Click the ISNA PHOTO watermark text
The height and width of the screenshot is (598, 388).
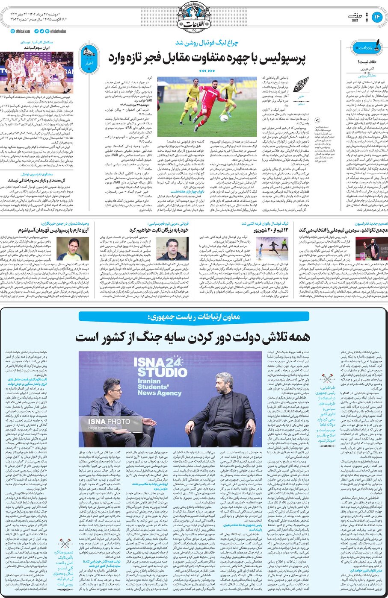[109, 422]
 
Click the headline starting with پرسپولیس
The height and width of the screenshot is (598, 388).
[207, 59]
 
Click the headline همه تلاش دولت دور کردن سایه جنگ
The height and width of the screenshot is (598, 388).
[193, 337]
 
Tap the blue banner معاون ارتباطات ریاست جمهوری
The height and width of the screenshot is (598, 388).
[193, 317]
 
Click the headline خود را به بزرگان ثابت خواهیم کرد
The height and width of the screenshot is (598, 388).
[159, 230]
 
